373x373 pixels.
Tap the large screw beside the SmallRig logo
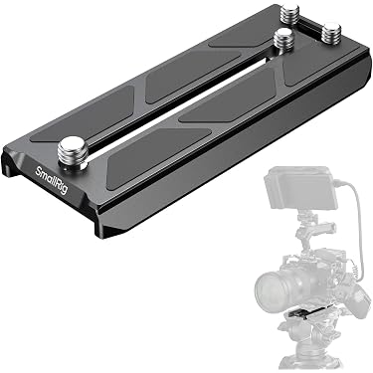coord(71,151)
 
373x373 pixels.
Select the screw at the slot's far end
coord(283,40)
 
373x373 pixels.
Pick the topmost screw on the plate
coord(290,14)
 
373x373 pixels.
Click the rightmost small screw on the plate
coord(331,33)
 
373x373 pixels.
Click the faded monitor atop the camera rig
coord(300,187)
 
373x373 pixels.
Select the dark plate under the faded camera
coord(307,311)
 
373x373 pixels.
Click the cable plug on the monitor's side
coord(339,182)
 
